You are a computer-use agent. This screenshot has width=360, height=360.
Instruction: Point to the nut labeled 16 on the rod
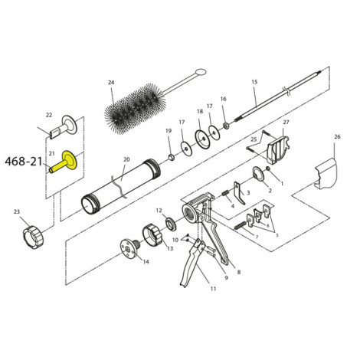227,124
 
